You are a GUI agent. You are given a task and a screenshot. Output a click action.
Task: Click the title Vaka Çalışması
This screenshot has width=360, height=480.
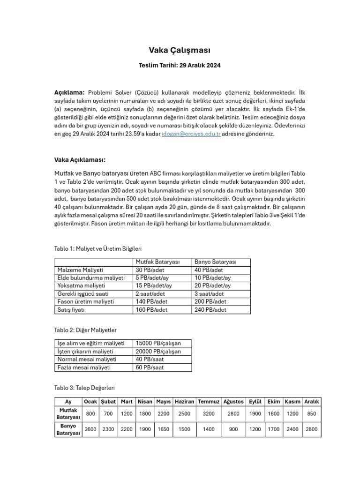tap(180, 50)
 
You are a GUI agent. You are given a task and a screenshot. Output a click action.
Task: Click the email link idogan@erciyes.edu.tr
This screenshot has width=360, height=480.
tap(185, 134)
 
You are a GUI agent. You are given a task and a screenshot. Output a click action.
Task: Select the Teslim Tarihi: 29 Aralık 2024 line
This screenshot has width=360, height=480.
tap(180, 66)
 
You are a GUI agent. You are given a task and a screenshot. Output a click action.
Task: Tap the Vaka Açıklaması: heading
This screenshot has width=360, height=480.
tap(80, 159)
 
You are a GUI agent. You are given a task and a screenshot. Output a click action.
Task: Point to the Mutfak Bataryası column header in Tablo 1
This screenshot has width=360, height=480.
tap(158, 262)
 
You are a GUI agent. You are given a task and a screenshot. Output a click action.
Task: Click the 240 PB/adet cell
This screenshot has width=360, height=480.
tap(210, 310)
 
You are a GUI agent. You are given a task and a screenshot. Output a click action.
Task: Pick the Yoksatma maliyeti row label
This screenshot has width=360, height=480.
tap(81, 286)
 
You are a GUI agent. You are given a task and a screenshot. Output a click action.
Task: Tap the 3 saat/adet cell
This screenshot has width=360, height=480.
tap(208, 294)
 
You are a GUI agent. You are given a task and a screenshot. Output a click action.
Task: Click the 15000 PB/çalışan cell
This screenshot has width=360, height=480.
tap(158, 344)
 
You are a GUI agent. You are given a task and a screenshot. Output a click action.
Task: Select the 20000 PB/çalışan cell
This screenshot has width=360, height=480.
tap(158, 352)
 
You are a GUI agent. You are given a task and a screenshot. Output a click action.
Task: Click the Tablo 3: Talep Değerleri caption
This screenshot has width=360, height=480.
tap(84, 388)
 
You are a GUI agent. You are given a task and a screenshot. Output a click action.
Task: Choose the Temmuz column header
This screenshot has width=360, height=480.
tap(209, 402)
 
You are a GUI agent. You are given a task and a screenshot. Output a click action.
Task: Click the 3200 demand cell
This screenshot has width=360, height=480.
tap(209, 414)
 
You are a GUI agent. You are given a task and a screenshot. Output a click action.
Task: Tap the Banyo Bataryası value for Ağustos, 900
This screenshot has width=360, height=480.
tap(233, 429)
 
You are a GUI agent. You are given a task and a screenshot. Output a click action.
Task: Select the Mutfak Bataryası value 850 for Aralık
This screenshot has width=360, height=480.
tap(312, 414)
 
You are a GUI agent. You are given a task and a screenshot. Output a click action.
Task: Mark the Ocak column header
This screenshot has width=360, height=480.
tap(90, 402)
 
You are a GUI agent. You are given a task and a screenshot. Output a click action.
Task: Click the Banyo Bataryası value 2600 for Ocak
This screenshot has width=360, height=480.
tap(90, 429)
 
